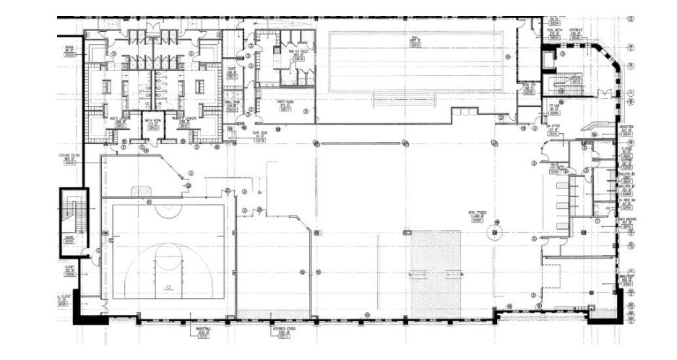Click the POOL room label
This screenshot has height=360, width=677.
(x=415, y=43)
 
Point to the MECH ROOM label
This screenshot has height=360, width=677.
(x=152, y=123)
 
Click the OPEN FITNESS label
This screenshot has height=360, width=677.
(x=476, y=215)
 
